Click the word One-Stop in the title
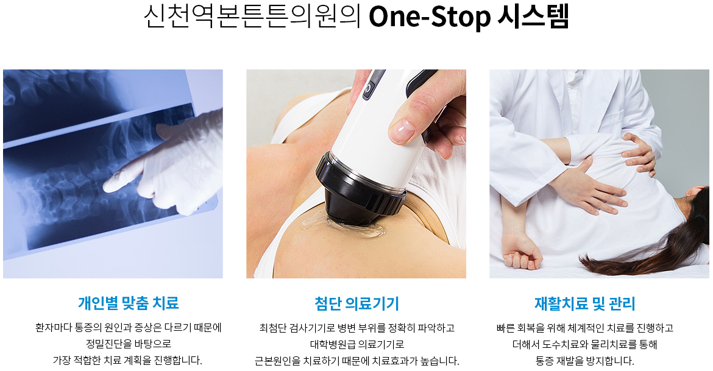tap(430, 16)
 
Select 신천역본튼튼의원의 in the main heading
tap(252, 16)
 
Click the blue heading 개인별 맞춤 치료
tap(128, 303)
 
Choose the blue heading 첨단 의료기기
tap(357, 303)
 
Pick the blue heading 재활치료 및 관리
tap(585, 303)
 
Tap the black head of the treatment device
tap(361, 191)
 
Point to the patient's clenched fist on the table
tap(522, 251)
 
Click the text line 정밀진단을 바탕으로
tap(129, 344)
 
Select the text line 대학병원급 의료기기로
tap(357, 344)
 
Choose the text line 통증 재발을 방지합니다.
tap(585, 361)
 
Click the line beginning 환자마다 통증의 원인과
tap(128, 327)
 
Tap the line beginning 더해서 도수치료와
tap(585, 344)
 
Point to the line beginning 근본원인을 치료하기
tap(357, 361)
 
